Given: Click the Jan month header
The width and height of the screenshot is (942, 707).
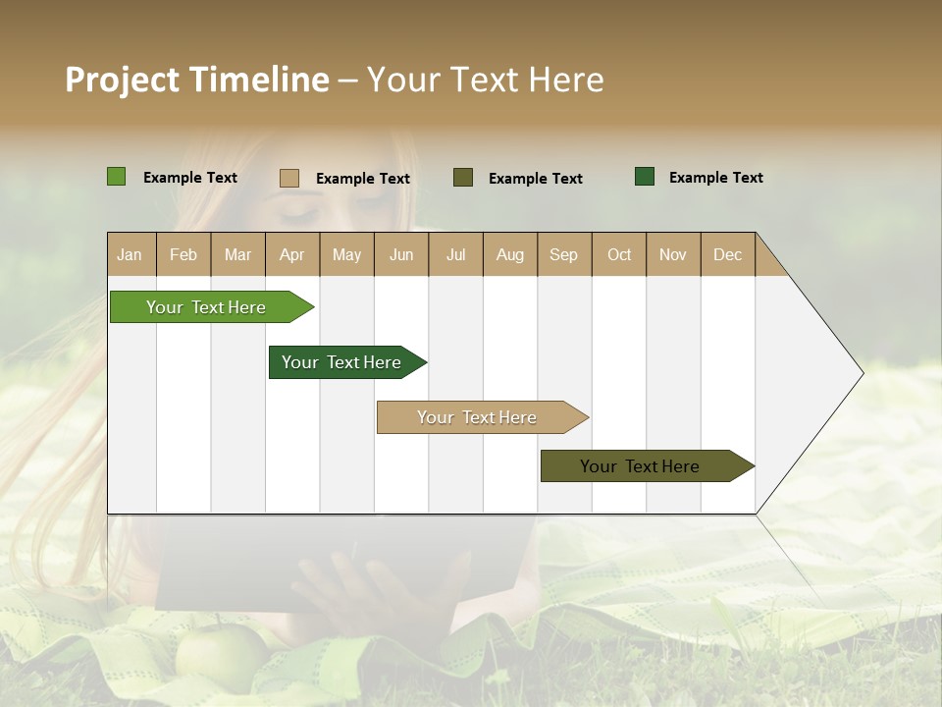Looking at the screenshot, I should click(131, 254).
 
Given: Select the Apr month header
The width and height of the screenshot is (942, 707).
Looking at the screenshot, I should click(292, 254).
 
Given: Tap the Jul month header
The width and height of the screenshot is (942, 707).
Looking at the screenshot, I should click(455, 254).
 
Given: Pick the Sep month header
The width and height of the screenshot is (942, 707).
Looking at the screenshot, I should click(564, 254).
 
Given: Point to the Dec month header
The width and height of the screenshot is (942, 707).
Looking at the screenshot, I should click(727, 254).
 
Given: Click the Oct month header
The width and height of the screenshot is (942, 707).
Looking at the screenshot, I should click(619, 254).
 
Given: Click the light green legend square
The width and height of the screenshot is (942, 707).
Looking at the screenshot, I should click(116, 177).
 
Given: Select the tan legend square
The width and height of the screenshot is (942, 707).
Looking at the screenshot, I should click(288, 178).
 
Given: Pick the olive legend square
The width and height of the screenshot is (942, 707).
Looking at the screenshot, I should click(463, 177).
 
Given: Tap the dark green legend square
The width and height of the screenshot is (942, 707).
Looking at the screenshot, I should click(645, 177).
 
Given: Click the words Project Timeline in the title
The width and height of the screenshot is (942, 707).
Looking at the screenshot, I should click(196, 80).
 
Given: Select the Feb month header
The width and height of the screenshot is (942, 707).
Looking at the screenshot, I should click(183, 254).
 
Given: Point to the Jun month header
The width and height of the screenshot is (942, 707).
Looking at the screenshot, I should click(401, 254).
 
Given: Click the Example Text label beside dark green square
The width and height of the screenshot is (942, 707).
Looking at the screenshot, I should click(715, 178).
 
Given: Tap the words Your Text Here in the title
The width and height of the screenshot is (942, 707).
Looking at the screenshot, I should click(485, 80).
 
